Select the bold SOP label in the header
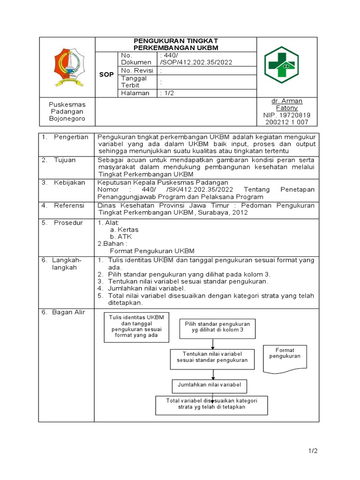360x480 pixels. tap(106, 74)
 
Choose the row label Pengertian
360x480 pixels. tap(71, 137)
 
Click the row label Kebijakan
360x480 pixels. tap(69, 182)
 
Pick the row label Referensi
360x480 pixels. tap(69, 205)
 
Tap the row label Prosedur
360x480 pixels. tap(68, 223)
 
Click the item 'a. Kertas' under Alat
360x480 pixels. tap(124, 230)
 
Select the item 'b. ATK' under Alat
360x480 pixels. tap(121, 237)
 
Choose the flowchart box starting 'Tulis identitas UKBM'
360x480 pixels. tap(136, 326)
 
